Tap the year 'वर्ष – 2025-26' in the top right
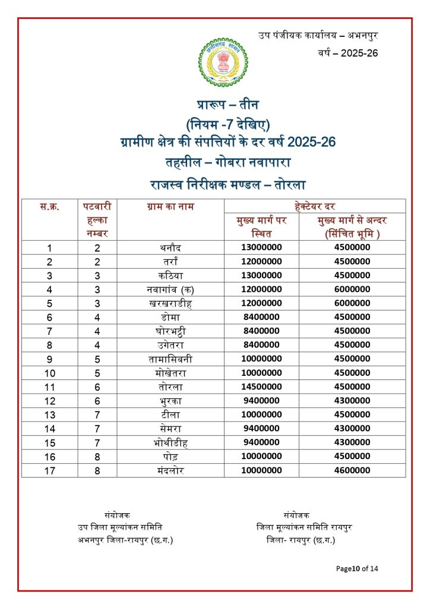click(348, 53)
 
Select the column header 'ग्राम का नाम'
click(170, 207)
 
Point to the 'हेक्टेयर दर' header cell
click(315, 207)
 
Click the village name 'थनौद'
click(170, 247)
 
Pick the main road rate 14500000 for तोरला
click(261, 387)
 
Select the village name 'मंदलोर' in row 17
click(170, 470)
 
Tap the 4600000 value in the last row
click(352, 470)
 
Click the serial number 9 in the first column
click(49, 359)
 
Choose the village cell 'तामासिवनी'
click(170, 359)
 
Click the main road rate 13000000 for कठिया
click(261, 275)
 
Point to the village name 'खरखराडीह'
click(170, 303)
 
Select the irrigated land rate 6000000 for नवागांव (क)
click(352, 290)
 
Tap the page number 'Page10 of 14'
click(357, 569)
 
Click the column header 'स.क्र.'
click(49, 207)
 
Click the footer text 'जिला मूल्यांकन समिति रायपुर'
click(304, 528)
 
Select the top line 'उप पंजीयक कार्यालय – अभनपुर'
click(318, 35)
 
